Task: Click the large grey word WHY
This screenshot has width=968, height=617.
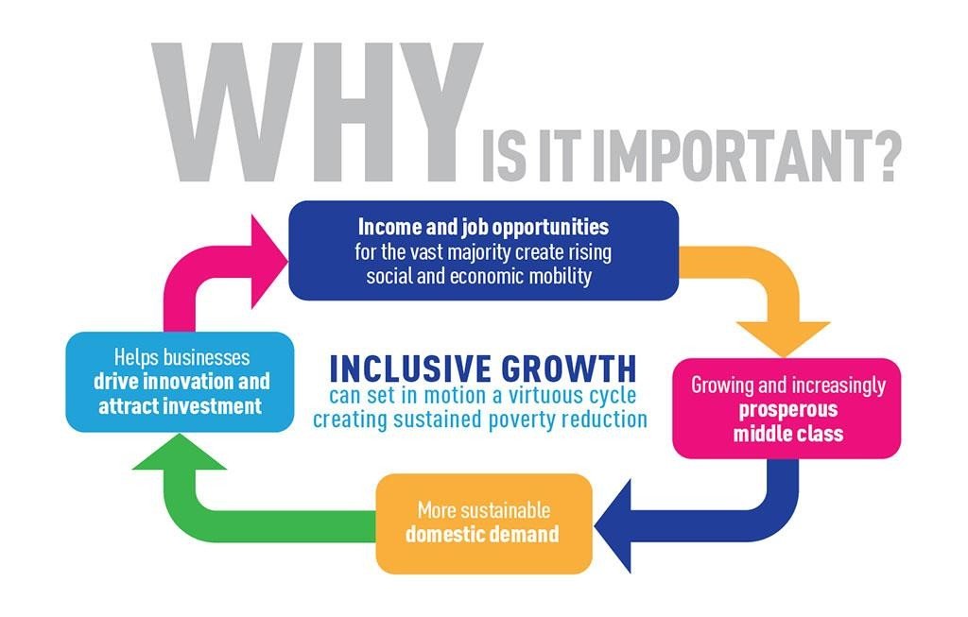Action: pyautogui.click(x=317, y=111)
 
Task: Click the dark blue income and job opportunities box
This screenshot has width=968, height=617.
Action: pyautogui.click(x=483, y=250)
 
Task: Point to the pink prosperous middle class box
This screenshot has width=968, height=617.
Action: pyautogui.click(x=786, y=408)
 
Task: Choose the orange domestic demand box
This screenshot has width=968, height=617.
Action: pyautogui.click(x=484, y=523)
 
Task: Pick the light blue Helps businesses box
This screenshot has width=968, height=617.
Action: pyautogui.click(x=180, y=382)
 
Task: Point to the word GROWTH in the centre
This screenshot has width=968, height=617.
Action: pyautogui.click(x=568, y=368)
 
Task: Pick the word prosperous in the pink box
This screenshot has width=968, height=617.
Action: pyautogui.click(x=788, y=410)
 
